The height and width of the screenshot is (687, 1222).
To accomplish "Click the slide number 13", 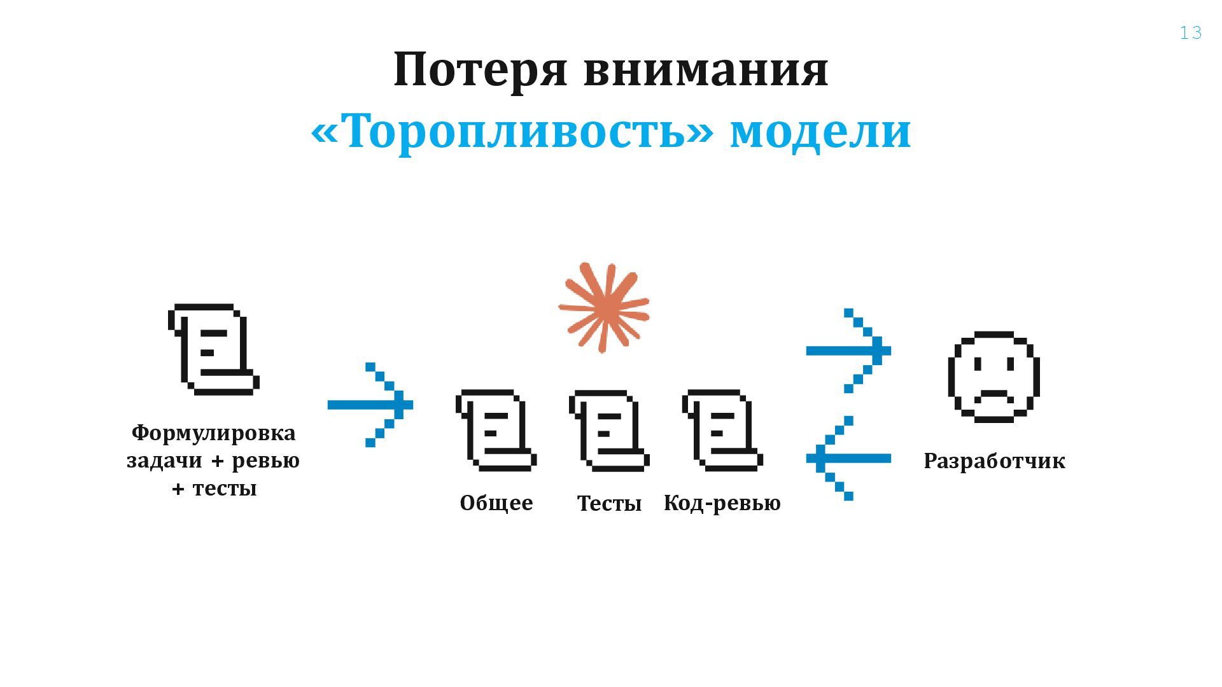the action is click(1190, 33).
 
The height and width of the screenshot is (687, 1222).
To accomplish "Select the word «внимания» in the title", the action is click(706, 70).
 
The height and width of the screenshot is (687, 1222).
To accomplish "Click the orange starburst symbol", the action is click(603, 307).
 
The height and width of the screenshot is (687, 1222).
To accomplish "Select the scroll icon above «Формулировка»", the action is click(213, 349).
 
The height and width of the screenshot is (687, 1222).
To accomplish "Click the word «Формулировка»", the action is click(213, 433).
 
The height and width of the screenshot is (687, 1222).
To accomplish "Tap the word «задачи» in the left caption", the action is click(165, 461).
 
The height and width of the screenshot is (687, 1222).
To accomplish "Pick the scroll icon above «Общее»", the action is click(496, 430).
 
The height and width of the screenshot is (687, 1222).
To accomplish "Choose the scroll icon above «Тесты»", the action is click(609, 430).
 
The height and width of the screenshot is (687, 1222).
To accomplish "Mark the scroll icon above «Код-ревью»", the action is click(722, 430).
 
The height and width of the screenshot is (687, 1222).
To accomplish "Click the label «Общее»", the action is click(496, 503).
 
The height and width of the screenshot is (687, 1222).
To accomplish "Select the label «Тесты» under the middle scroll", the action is click(609, 504).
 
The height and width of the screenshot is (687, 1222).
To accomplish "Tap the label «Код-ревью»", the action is click(722, 503).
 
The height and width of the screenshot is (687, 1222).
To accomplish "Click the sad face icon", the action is click(994, 377).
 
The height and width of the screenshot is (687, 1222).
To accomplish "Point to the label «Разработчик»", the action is click(994, 461).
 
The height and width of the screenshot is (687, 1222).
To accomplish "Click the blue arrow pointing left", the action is click(848, 458).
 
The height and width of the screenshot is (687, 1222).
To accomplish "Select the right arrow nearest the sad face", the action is click(849, 350).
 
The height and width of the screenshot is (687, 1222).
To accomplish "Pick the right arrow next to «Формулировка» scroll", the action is click(370, 405).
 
